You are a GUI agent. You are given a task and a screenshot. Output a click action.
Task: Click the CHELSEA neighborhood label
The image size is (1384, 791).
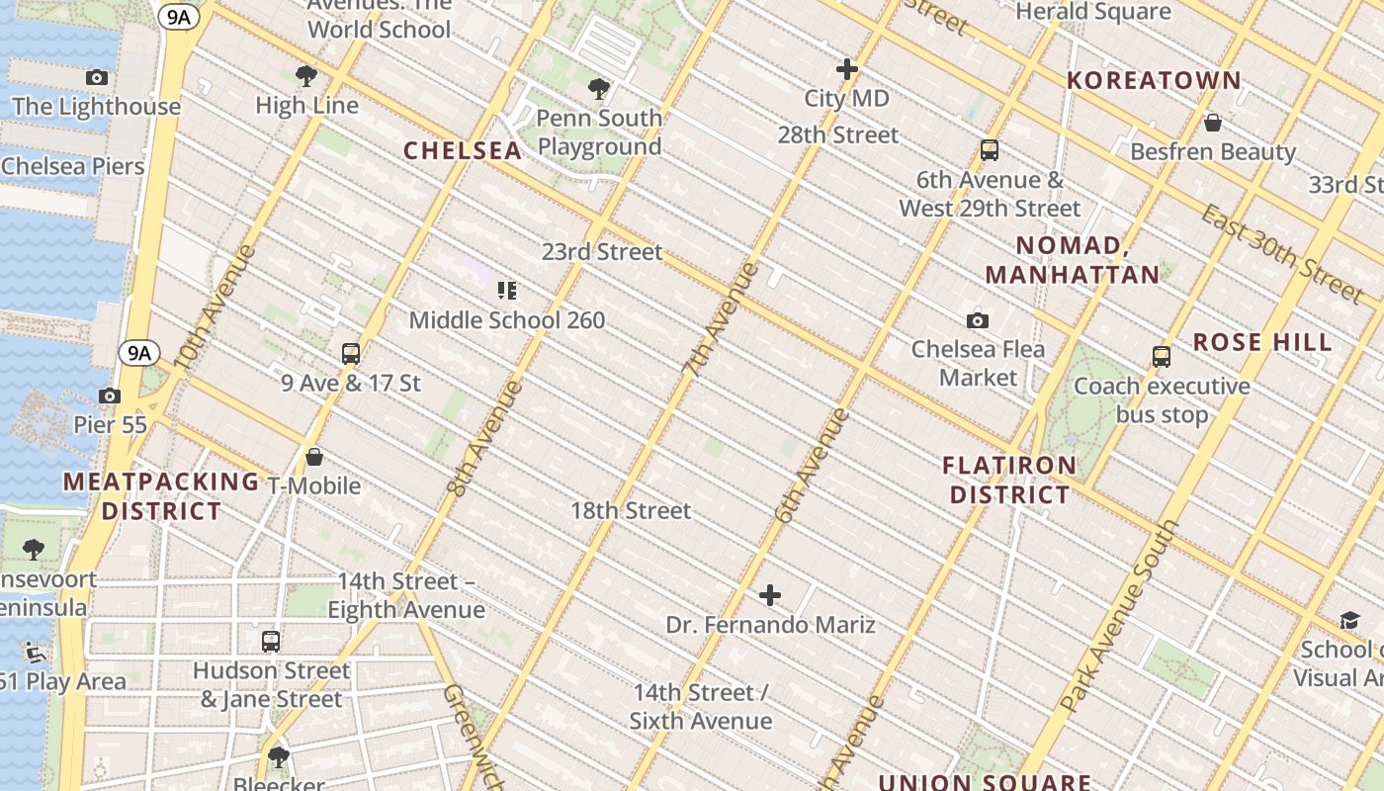click(x=463, y=150)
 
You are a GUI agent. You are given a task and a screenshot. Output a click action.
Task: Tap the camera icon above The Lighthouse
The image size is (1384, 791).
click(x=97, y=77)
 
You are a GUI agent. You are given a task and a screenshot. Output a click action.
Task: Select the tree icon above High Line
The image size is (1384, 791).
click(x=306, y=75)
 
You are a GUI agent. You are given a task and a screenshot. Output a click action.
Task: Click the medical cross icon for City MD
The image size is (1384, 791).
click(x=846, y=69)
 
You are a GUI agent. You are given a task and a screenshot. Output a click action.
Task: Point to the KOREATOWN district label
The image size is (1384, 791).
click(x=1154, y=80)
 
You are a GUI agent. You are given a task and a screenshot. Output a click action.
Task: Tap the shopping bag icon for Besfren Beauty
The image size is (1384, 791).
click(x=1212, y=123)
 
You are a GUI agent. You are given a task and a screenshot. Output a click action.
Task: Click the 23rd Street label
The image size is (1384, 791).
click(x=602, y=251)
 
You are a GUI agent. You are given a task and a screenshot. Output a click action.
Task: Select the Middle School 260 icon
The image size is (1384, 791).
click(x=506, y=291)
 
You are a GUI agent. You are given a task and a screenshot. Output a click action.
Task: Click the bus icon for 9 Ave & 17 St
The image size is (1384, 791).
click(x=351, y=353)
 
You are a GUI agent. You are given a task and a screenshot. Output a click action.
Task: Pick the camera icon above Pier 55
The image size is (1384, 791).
click(x=110, y=395)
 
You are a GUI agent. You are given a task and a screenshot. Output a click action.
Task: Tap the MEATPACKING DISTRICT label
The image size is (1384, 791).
click(x=161, y=496)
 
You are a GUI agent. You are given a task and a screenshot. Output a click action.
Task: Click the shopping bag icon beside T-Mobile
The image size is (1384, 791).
click(x=314, y=457)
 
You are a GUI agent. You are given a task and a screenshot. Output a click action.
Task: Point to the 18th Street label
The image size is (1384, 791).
click(x=631, y=510)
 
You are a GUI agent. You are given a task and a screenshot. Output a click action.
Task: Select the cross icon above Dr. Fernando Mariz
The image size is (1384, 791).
click(x=770, y=595)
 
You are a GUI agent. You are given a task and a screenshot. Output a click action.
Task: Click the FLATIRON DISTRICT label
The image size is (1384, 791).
click(x=1009, y=480)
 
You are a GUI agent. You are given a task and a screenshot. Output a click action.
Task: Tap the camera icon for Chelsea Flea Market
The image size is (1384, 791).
click(x=978, y=320)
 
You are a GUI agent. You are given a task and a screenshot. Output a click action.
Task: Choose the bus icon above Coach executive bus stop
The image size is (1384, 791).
click(x=1162, y=356)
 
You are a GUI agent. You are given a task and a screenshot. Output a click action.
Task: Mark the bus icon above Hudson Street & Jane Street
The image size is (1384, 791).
click(x=271, y=641)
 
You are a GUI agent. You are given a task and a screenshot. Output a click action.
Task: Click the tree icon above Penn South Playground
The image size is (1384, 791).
click(x=599, y=89)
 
